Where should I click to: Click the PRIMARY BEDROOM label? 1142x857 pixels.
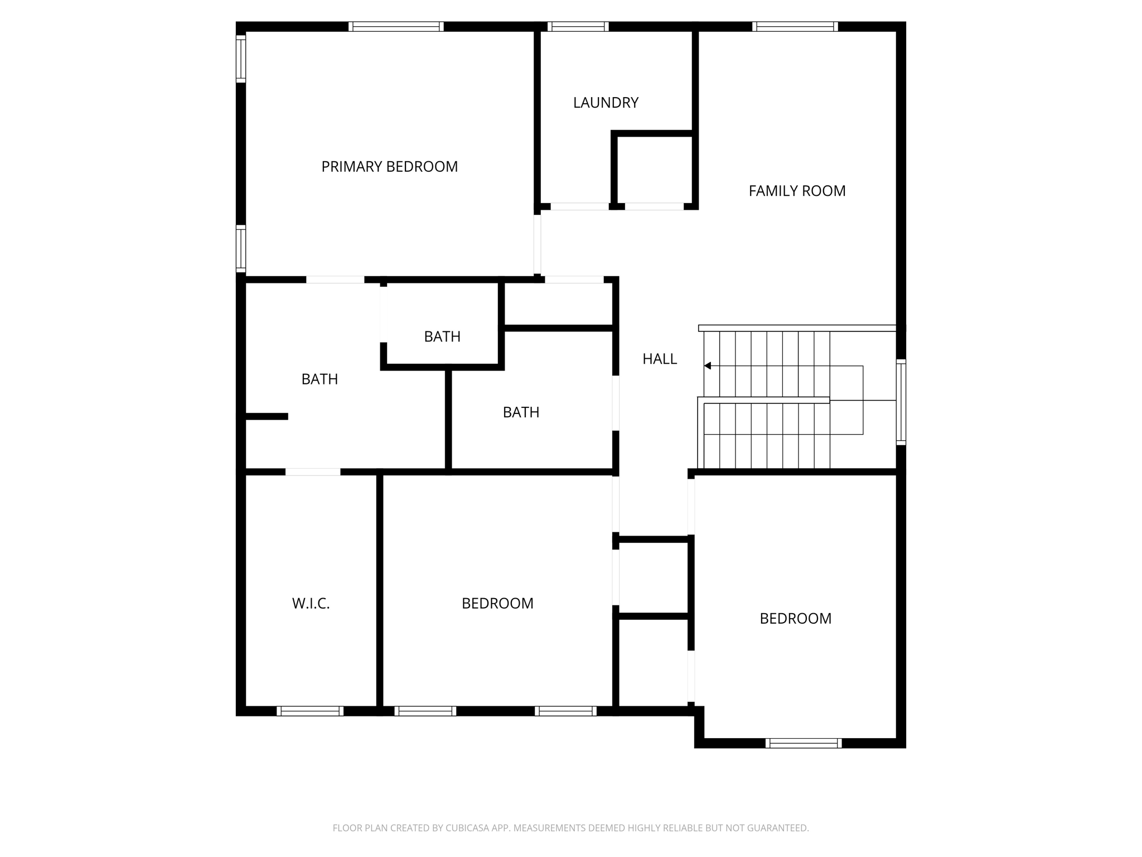coord(389,167)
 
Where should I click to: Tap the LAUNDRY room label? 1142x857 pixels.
coord(606,103)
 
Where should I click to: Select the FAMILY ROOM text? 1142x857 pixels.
coord(797,191)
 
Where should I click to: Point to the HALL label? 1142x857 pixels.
coord(660,359)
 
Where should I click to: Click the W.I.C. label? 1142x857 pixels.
coord(311,604)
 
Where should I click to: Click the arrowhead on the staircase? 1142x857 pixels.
coord(708,366)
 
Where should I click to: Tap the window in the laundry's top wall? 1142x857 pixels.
coord(578,26)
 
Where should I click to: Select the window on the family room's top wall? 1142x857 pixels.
coord(795,26)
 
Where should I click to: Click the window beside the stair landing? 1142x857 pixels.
coord(901,402)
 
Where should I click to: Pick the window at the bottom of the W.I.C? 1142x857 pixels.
coord(310,711)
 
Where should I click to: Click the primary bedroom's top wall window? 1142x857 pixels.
coord(396,26)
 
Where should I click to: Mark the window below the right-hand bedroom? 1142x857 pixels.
coord(804,743)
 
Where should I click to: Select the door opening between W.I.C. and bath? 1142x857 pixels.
coord(313,472)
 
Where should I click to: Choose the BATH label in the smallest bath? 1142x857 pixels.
coord(442,337)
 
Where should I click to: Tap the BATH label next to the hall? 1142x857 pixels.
coord(521,412)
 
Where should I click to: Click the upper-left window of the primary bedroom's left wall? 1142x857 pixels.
coord(241,59)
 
